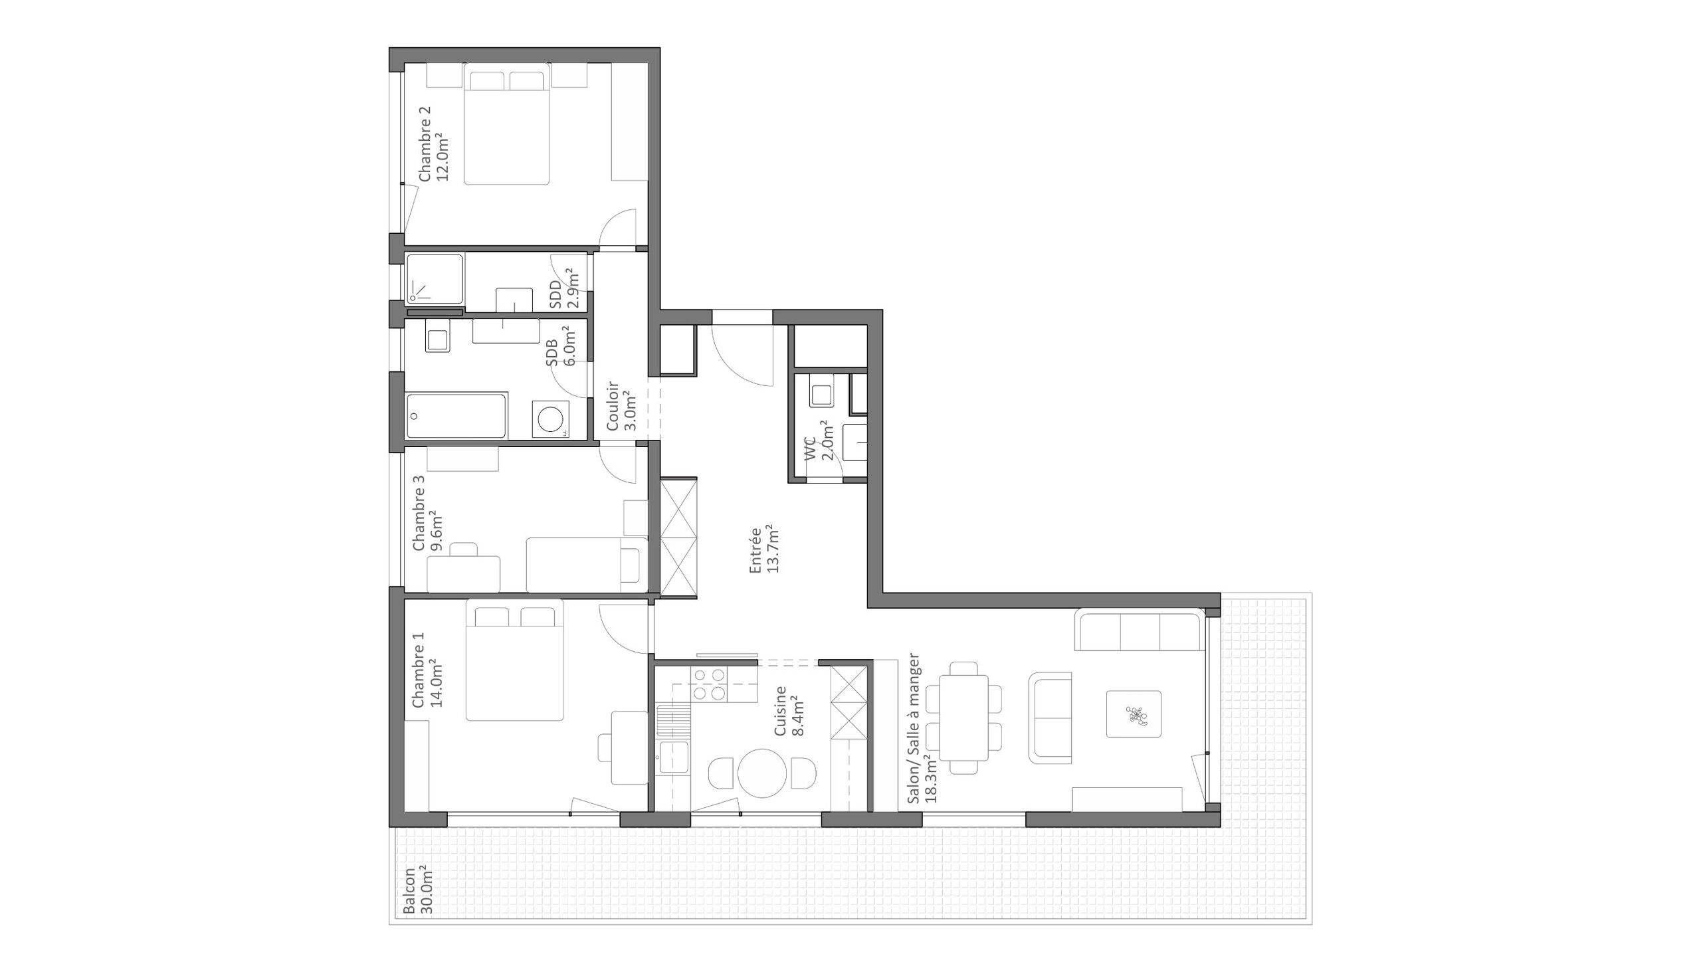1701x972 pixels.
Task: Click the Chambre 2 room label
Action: click(x=425, y=144)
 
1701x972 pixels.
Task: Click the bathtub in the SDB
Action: click(x=456, y=416)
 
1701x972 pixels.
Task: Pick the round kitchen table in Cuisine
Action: click(x=761, y=774)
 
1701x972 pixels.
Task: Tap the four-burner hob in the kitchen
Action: click(x=709, y=684)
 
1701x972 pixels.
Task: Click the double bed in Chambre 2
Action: click(x=507, y=124)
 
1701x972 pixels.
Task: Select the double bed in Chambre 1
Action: click(x=515, y=661)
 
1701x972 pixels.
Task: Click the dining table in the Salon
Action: click(x=963, y=718)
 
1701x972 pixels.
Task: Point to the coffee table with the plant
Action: click(x=1134, y=714)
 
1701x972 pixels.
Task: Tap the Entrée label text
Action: click(x=755, y=551)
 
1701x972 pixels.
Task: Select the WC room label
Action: click(x=811, y=448)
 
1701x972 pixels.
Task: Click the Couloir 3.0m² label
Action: click(x=621, y=406)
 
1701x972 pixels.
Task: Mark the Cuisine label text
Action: click(x=780, y=711)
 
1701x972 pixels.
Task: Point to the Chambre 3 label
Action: click(x=419, y=513)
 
